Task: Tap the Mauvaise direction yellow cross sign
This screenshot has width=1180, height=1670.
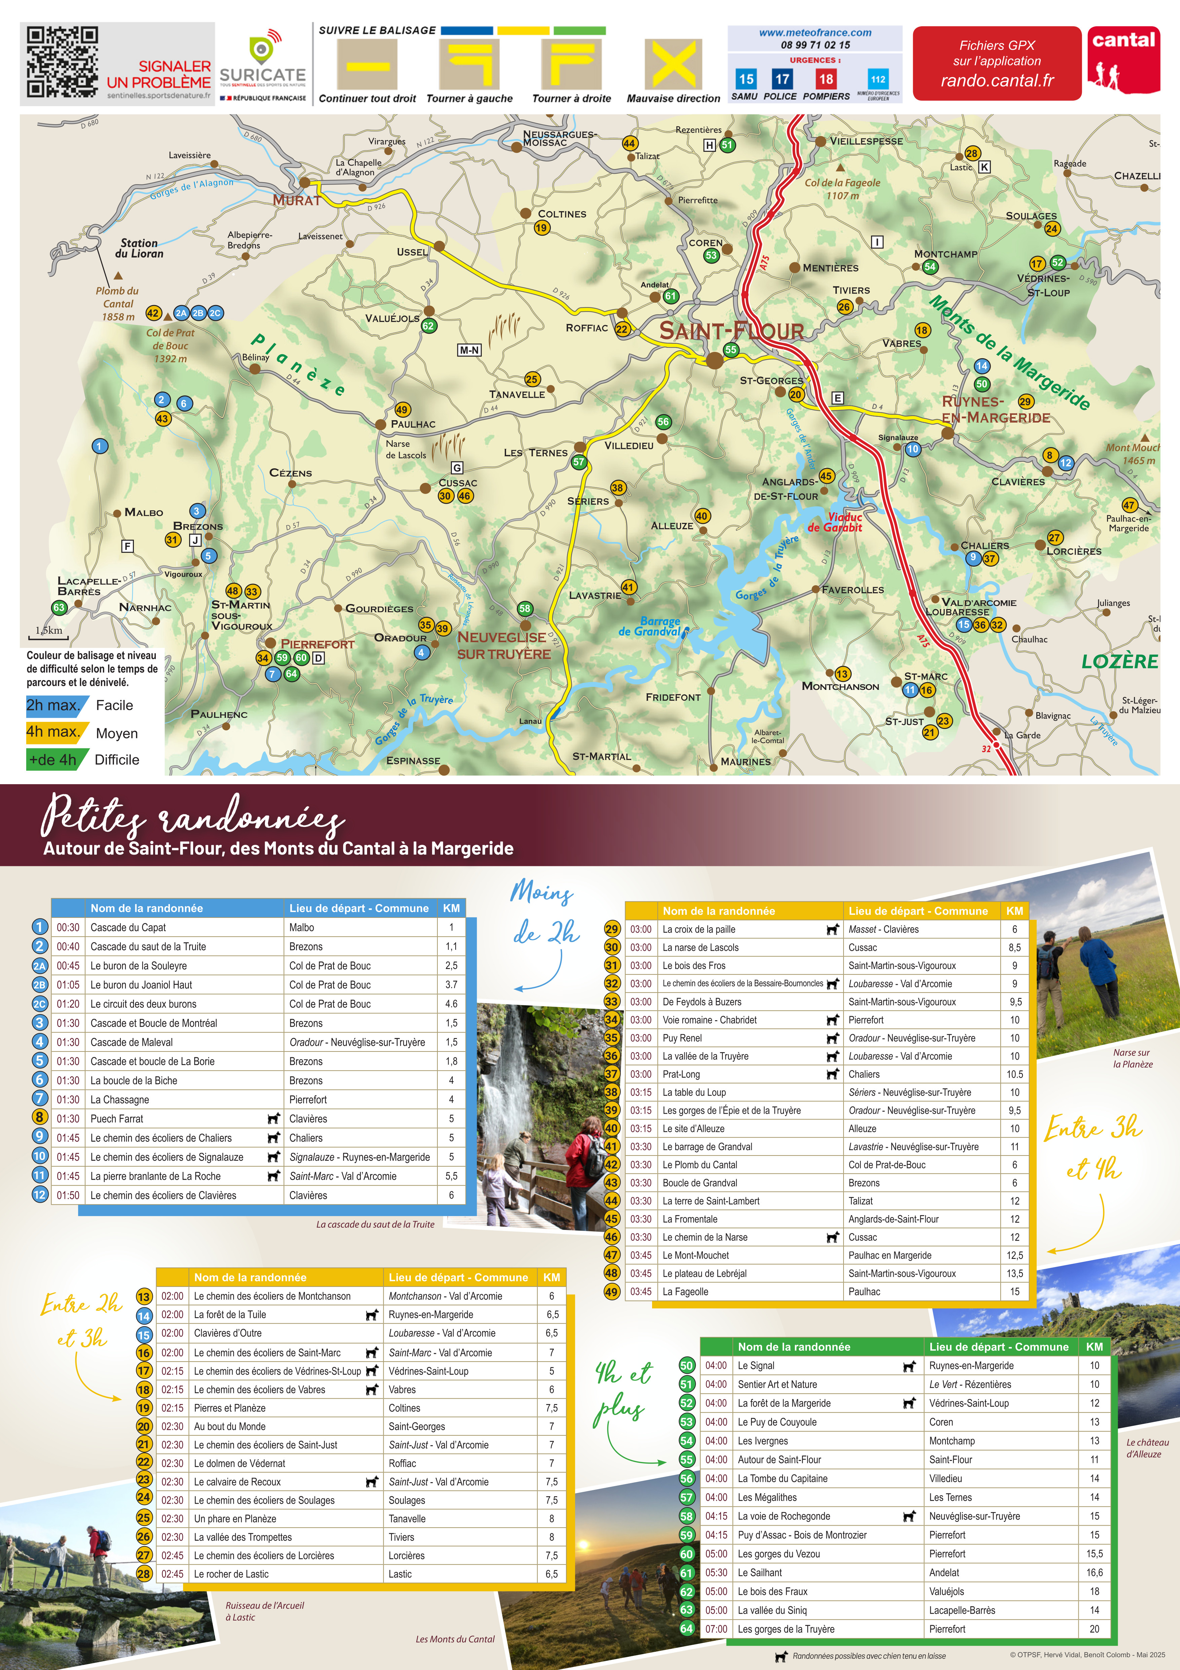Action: (673, 64)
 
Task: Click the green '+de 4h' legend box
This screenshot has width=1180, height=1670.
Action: (52, 759)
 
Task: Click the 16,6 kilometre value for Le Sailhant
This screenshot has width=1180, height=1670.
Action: (1094, 1573)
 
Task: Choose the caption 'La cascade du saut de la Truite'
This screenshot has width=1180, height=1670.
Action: (375, 1224)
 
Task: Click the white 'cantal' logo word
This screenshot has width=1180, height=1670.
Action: (1123, 40)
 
